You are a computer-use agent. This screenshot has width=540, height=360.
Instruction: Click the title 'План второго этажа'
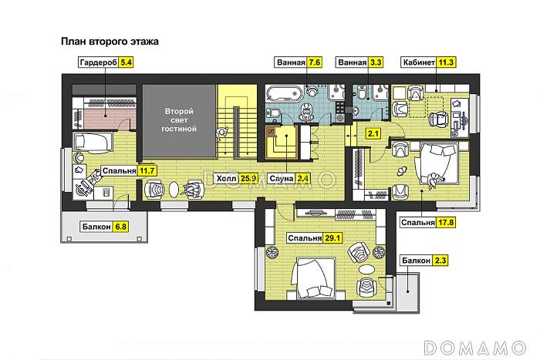110,42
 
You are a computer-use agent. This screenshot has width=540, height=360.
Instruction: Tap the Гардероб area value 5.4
126,62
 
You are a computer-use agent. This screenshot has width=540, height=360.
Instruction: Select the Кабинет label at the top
419,62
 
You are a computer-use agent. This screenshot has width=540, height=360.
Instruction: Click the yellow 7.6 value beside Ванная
315,62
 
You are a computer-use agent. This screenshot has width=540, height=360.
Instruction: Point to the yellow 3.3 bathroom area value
376,62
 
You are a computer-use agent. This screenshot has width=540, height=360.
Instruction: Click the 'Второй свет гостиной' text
179,120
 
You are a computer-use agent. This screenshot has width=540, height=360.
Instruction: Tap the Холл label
227,178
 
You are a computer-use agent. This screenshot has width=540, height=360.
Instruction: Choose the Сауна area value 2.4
303,178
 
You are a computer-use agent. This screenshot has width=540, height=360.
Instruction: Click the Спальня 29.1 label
305,238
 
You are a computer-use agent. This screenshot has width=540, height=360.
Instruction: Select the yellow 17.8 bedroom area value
446,222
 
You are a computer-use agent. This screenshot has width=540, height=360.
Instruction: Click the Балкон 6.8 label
96,227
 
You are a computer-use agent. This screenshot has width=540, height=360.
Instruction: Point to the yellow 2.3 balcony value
440,261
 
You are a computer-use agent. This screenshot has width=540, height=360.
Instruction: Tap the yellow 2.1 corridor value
373,133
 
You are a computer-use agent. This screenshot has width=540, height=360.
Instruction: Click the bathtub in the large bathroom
285,93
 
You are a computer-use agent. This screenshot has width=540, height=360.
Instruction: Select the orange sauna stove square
272,131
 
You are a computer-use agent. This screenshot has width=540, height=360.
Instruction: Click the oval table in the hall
174,189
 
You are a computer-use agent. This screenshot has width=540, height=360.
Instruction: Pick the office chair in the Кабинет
438,119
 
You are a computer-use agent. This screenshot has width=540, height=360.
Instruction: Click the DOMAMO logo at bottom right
475,348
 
